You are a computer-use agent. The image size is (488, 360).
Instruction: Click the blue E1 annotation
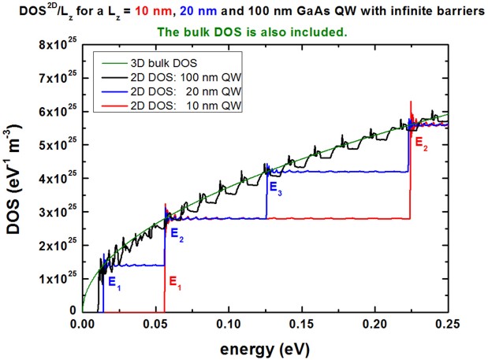click(114, 280)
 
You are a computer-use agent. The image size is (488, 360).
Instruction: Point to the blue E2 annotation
click(175, 232)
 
